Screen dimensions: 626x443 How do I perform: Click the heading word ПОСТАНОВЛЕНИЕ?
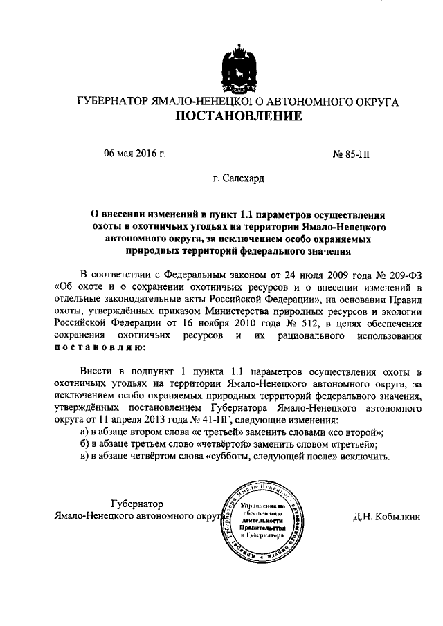(237, 116)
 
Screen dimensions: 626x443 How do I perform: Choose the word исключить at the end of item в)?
(366, 458)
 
